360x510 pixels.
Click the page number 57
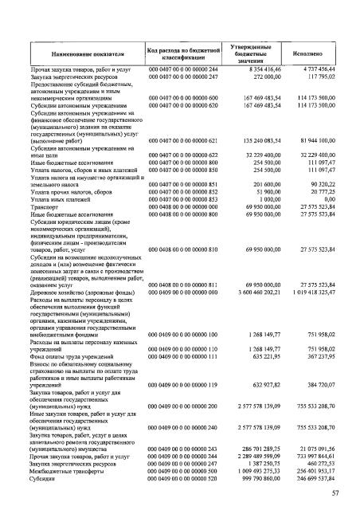[336, 495]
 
